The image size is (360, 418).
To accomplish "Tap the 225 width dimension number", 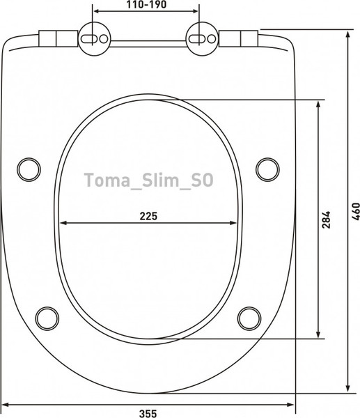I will (148, 215).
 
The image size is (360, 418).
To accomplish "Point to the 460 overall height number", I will (355, 210).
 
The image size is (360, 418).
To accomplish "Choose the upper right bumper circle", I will (267, 168).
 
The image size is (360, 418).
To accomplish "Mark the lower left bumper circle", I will (47, 317).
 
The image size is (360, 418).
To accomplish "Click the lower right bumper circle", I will (249, 317).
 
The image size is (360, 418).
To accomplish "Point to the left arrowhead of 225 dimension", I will (63, 223).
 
